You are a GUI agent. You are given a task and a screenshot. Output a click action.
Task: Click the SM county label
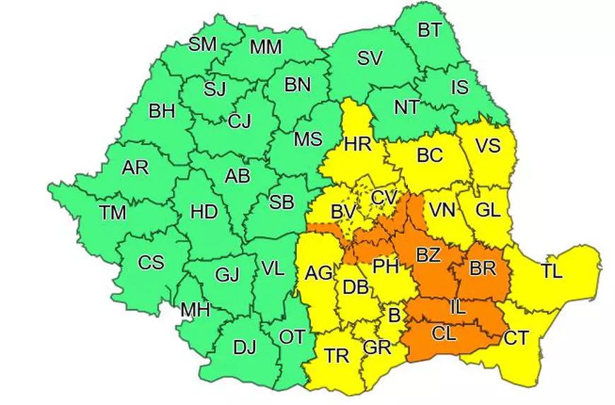pyautogui.click(x=202, y=44)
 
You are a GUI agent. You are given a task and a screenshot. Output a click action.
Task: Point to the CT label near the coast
pyautogui.click(x=516, y=339)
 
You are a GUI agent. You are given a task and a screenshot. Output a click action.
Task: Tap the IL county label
pyautogui.click(x=459, y=307)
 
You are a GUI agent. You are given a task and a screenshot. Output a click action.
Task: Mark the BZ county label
pyautogui.click(x=428, y=256)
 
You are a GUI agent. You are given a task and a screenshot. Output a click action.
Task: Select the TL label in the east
pyautogui.click(x=552, y=271)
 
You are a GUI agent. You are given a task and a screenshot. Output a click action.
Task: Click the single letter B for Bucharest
pyautogui.click(x=394, y=312)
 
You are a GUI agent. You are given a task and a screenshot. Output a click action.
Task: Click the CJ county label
pyautogui.click(x=239, y=122)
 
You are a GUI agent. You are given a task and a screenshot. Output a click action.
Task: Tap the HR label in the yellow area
pyautogui.click(x=357, y=145)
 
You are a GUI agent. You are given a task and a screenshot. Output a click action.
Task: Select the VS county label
pyautogui.click(x=487, y=146)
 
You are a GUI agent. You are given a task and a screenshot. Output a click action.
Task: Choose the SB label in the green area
pyautogui.click(x=281, y=203)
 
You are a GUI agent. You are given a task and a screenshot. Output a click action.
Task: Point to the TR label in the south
pyautogui.click(x=336, y=356)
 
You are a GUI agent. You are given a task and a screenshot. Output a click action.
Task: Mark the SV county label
pyautogui.click(x=370, y=59)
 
